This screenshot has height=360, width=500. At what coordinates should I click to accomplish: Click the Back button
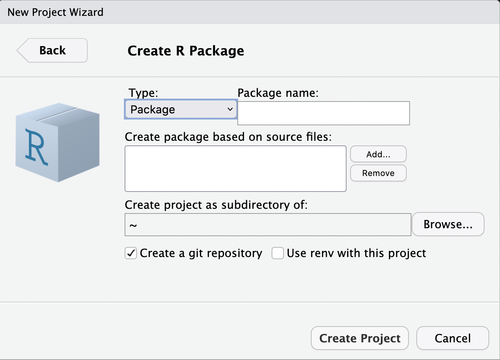(x=52, y=50)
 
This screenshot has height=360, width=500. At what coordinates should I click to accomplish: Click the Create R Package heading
(x=186, y=51)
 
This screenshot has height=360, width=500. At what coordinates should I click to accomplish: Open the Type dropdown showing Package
(x=181, y=109)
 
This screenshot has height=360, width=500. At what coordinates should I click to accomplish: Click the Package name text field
(x=323, y=113)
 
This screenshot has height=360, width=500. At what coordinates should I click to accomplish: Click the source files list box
(x=236, y=168)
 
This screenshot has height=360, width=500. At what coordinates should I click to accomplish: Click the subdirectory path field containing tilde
(x=268, y=225)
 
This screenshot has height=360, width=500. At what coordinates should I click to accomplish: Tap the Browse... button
(x=448, y=224)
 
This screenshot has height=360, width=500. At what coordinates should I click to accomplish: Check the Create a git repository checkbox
(x=130, y=253)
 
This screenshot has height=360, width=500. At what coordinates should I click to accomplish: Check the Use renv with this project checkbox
(x=278, y=253)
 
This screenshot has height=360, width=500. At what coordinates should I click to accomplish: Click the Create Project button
(x=360, y=338)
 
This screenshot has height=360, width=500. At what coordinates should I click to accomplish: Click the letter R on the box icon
(x=36, y=147)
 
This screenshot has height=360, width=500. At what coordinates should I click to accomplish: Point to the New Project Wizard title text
(x=55, y=12)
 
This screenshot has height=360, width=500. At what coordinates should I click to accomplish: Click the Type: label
(x=143, y=93)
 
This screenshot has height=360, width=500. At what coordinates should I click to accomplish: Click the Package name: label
(x=278, y=93)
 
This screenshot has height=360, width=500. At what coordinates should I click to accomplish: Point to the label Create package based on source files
(x=228, y=137)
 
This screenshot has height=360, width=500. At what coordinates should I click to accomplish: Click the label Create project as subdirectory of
(x=216, y=205)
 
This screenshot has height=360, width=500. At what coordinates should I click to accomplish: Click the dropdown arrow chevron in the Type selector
(x=230, y=109)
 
